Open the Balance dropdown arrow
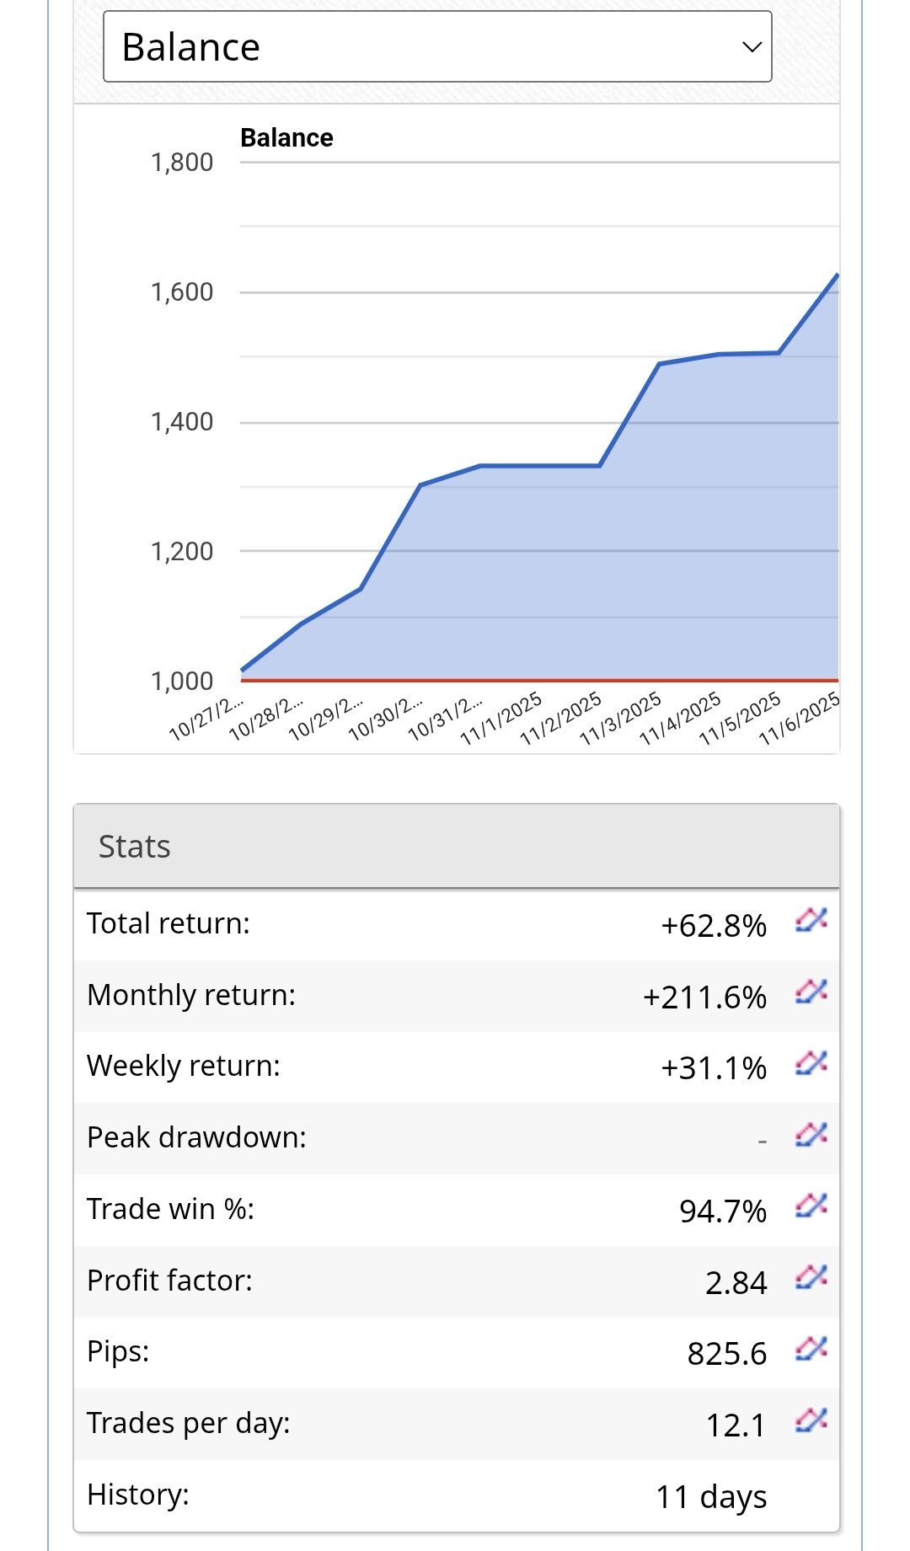pos(752,47)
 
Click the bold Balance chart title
pos(286,137)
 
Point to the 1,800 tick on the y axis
pos(182,163)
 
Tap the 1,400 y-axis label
pos(182,422)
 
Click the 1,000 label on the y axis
pos(182,682)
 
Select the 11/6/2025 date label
pos(800,719)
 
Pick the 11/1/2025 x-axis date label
pos(501,719)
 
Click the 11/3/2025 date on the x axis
pos(621,719)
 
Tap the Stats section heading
pos(135,847)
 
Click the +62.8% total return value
pos(714,926)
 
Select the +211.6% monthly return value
pos(704,997)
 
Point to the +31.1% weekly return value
pos(714,1068)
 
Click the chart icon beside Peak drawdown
pos(811,1136)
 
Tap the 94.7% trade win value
pos(723,1211)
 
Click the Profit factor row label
pos(170,1281)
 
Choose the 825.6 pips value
pos(727,1354)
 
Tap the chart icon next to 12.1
pos(811,1421)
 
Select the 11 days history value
pos(711,1497)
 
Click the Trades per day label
pos(189,1423)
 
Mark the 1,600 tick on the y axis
pos(182,292)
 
